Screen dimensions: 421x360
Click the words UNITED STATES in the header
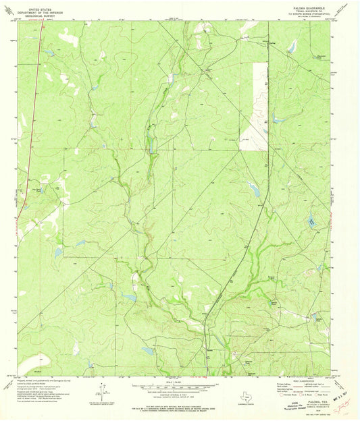pyautogui.click(x=40, y=4)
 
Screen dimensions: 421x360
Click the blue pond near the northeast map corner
pyautogui.click(x=292, y=46)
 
